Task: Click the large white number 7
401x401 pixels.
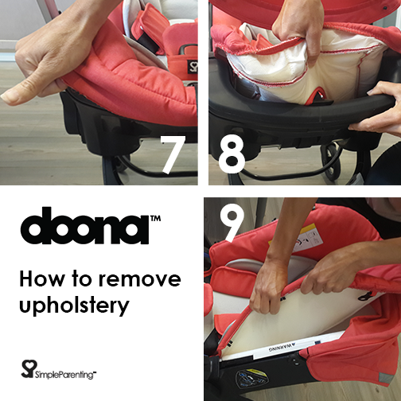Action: pyautogui.click(x=173, y=155)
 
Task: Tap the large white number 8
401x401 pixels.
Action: pyautogui.click(x=232, y=154)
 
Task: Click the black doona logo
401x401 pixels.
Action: pyautogui.click(x=84, y=226)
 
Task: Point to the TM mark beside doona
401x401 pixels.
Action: pyautogui.click(x=155, y=219)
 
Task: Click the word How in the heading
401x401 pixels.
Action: pyautogui.click(x=42, y=278)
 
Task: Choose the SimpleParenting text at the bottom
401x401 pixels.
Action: pyautogui.click(x=65, y=375)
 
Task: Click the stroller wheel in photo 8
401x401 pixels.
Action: pyautogui.click(x=332, y=162)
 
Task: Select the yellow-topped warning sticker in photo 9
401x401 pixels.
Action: pyautogui.click(x=308, y=238)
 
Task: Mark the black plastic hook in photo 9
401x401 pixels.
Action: pyautogui.click(x=366, y=296)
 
